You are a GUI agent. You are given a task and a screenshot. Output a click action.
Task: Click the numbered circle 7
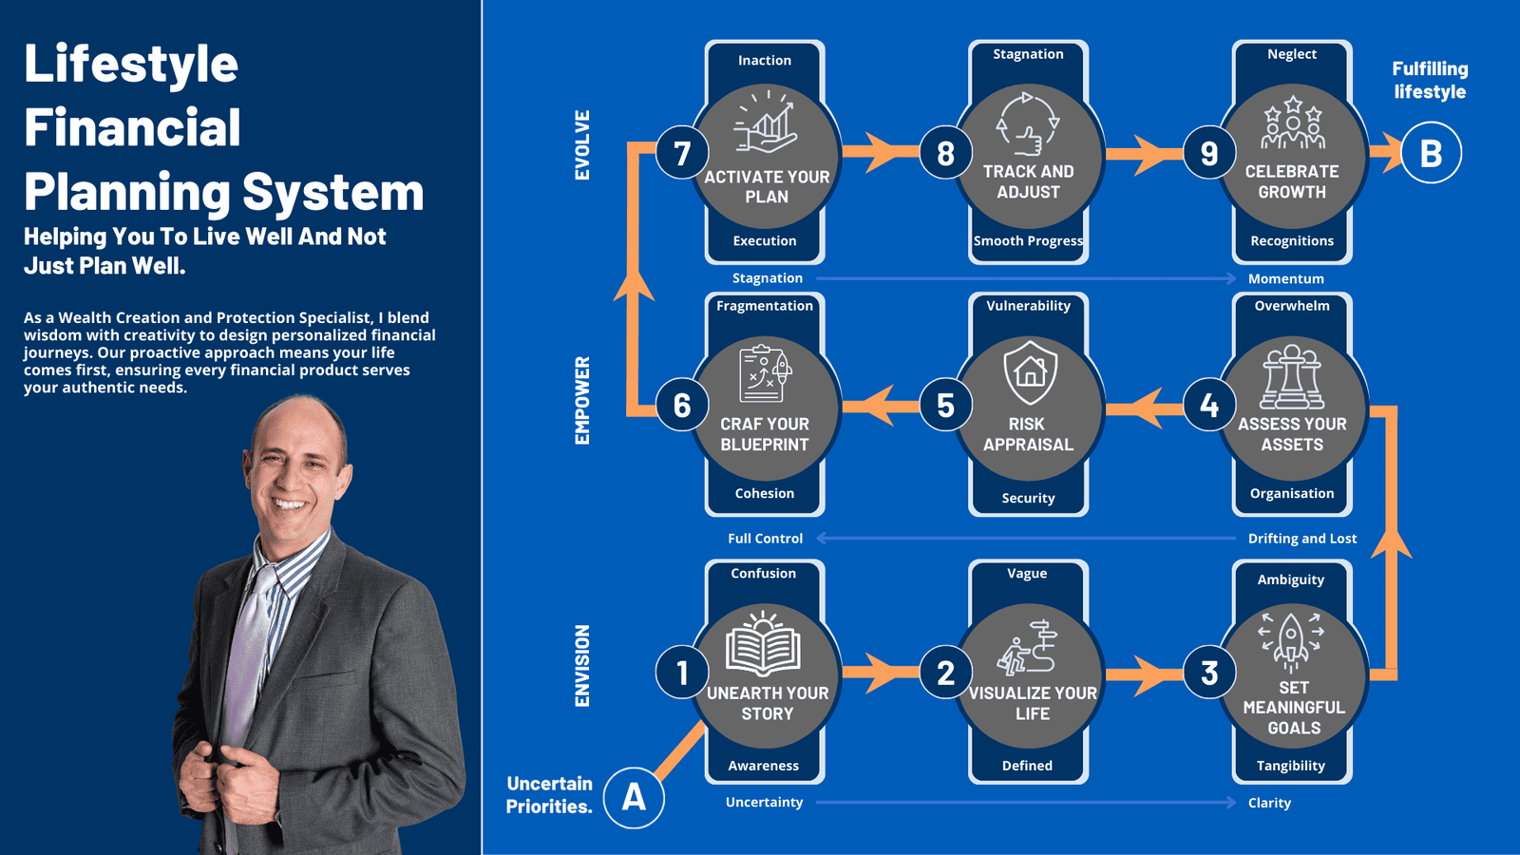tap(682, 153)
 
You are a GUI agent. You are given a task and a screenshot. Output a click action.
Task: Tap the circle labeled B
tap(1431, 153)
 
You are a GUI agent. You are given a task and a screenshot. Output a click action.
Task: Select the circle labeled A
tap(634, 797)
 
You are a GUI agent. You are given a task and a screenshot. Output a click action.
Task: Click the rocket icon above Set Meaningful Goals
tap(1291, 639)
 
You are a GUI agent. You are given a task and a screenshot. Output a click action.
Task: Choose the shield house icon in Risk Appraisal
tap(1030, 372)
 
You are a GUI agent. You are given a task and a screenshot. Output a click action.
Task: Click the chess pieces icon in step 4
tap(1291, 377)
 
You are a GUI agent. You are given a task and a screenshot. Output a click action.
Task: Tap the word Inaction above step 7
tap(765, 61)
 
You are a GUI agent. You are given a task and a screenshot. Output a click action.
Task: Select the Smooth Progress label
tap(1028, 241)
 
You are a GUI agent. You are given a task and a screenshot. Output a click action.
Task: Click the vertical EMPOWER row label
tap(582, 401)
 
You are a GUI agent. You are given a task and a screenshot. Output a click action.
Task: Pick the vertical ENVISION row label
tap(582, 665)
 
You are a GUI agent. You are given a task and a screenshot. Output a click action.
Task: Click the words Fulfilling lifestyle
tap(1430, 81)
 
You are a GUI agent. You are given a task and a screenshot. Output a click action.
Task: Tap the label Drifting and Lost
tap(1301, 539)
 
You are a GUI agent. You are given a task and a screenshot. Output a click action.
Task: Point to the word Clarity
tap(1269, 803)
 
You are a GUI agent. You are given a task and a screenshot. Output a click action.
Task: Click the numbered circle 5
tap(945, 406)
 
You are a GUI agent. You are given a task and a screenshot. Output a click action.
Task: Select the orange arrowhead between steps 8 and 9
tap(1151, 153)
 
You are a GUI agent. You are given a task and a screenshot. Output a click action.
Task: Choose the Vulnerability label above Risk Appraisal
tap(1028, 306)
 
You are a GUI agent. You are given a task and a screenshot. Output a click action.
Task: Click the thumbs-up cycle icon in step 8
tap(1027, 123)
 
